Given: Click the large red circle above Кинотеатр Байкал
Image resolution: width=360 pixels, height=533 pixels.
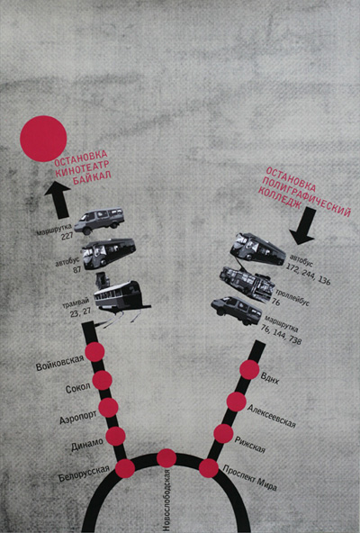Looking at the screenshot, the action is click(43, 139).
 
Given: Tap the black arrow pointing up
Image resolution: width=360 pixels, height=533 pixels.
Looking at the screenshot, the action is click(58, 200).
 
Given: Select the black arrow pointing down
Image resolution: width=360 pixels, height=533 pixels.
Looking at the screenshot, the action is click(303, 226).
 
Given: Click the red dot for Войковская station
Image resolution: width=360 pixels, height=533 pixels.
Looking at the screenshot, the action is click(94, 352).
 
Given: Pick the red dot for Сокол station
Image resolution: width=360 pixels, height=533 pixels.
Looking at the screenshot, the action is click(103, 380).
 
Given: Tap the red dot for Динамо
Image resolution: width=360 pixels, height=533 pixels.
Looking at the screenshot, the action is click(115, 436).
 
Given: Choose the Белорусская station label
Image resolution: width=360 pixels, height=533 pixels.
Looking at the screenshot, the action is click(84, 474).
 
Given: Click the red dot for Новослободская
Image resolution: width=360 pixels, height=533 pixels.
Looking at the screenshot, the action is click(166, 458).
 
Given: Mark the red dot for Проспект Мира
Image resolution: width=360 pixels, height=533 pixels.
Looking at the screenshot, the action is click(209, 468).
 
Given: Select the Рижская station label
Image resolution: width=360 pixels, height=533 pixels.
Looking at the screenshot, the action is click(250, 445).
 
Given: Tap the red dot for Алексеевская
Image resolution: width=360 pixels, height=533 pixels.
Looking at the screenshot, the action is click(237, 402).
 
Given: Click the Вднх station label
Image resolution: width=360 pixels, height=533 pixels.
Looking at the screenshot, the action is click(270, 378).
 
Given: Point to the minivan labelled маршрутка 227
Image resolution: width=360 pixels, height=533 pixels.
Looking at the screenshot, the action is click(99, 221).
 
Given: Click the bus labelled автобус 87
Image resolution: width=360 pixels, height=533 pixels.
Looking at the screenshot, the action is click(109, 253).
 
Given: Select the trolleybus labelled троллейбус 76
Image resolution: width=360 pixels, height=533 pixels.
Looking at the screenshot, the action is click(247, 284).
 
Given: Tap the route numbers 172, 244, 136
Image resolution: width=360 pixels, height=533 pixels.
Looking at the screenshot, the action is click(309, 274).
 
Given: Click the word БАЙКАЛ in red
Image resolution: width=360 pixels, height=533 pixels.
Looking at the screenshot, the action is click(92, 177).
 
